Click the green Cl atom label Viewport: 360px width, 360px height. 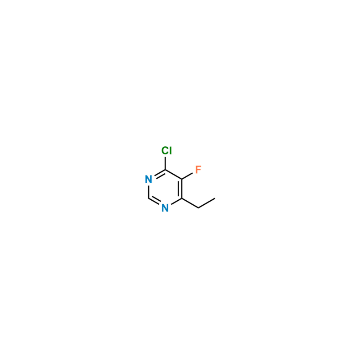click(x=166, y=151)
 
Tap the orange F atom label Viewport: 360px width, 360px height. click(x=198, y=170)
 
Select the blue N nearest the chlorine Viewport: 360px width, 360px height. click(x=148, y=179)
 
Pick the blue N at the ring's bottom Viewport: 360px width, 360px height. click(x=165, y=208)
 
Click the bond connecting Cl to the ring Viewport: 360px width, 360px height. click(x=165, y=163)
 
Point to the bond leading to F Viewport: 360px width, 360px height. click(x=187, y=176)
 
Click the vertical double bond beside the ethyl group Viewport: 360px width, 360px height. click(x=181, y=189)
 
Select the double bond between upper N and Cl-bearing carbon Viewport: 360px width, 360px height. click(x=160, y=174)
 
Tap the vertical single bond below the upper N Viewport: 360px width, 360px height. click(x=148, y=192)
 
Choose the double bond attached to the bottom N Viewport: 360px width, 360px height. click(x=154, y=200)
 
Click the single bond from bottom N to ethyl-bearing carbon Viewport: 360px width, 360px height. click(x=176, y=202)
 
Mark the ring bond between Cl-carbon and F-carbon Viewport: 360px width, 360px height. click(x=174, y=175)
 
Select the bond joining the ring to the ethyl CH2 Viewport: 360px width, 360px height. click(x=190, y=203)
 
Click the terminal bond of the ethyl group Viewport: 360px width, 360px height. click(x=207, y=203)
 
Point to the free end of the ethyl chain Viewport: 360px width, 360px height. click(x=215, y=198)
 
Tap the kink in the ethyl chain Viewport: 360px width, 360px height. click(x=198, y=208)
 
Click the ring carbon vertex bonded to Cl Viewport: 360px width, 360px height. click(x=165, y=170)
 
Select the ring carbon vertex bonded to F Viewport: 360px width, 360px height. click(x=182, y=179)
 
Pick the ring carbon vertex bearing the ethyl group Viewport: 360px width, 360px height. click(x=182, y=198)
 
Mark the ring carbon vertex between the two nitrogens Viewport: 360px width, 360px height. click(x=148, y=198)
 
